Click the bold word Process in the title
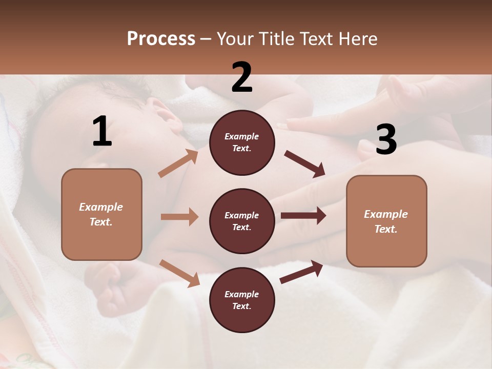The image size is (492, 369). click(x=161, y=39)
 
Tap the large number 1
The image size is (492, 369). click(x=102, y=132)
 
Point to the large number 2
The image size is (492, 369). click(x=242, y=77)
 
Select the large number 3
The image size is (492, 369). click(x=386, y=140)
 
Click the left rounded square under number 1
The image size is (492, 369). click(x=101, y=214)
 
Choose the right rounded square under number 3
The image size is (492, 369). click(x=386, y=221)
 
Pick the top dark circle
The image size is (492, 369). click(x=242, y=142)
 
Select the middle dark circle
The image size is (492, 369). click(x=242, y=221)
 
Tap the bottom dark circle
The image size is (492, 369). click(x=242, y=300)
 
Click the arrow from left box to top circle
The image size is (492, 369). click(x=178, y=163)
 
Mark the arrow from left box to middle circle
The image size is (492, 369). click(x=179, y=217)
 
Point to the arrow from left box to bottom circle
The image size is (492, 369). click(x=179, y=273)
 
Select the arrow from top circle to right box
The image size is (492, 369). click(x=305, y=163)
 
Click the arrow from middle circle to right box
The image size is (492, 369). click(x=303, y=216)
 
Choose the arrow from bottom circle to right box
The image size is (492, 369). click(x=301, y=272)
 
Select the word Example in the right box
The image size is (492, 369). click(x=386, y=214)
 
